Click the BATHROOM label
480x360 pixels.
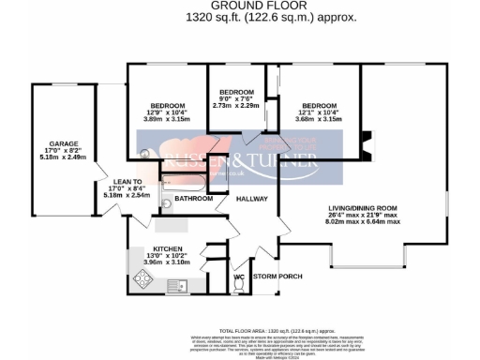pyautogui.click(x=194, y=199)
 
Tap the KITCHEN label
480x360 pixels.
pyautogui.click(x=167, y=249)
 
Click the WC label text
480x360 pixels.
pyautogui.click(x=239, y=277)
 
